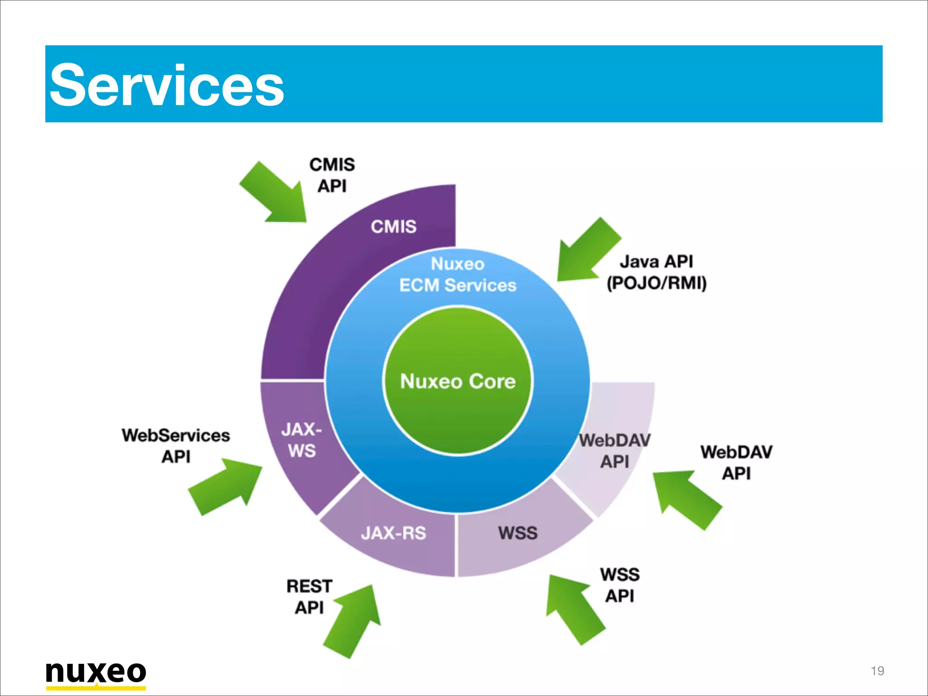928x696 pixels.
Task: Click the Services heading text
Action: click(167, 85)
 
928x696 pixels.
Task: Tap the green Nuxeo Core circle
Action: click(458, 381)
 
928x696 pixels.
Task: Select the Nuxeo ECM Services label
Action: click(458, 275)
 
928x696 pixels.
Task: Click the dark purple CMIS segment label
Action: click(393, 226)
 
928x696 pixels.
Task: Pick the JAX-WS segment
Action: click(301, 440)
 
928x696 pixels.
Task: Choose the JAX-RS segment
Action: click(393, 533)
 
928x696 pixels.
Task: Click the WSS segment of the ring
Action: click(517, 533)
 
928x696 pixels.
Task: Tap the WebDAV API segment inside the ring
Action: click(614, 451)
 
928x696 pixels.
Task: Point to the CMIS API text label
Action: click(332, 175)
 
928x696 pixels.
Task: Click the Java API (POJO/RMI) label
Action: click(657, 272)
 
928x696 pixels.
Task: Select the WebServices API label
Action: click(176, 445)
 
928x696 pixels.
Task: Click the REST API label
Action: click(309, 596)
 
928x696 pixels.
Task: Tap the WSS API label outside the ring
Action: click(620, 585)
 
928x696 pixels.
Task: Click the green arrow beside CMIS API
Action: click(275, 194)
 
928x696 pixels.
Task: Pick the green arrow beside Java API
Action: click(586, 251)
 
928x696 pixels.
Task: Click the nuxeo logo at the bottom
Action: click(96, 673)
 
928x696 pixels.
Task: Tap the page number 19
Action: click(877, 671)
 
